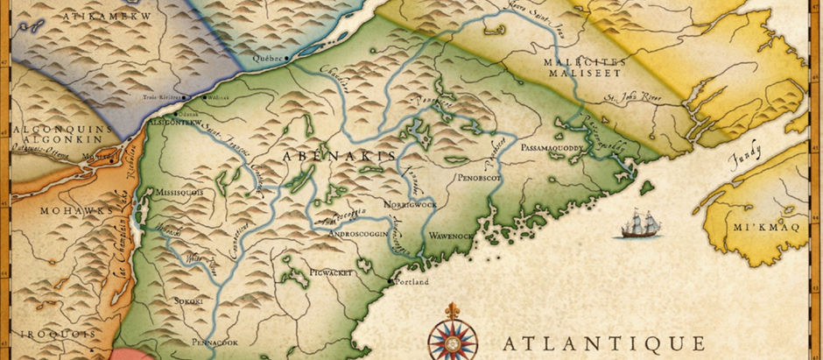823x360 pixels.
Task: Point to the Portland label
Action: [411, 283]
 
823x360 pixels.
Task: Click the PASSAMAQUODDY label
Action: [557, 150]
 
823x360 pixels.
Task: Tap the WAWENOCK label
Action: [451, 236]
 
